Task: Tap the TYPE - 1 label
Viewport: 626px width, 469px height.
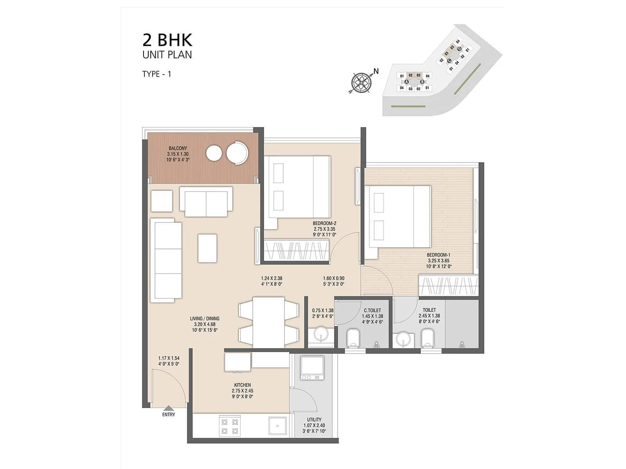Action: click(156, 74)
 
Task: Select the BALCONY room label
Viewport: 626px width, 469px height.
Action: click(178, 149)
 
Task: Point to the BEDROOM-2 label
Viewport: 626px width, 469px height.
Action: click(324, 223)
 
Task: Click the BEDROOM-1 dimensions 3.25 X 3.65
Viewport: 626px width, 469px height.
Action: click(438, 261)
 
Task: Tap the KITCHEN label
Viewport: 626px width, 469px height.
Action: click(243, 385)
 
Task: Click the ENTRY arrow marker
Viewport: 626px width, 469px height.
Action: click(169, 408)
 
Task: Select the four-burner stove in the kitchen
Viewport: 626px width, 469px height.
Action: click(230, 426)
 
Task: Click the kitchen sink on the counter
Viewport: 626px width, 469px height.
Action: click(278, 426)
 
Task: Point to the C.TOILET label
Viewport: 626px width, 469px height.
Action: click(372, 311)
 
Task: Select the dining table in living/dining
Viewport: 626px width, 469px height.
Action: click(268, 322)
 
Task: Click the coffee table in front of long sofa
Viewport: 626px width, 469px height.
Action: click(207, 248)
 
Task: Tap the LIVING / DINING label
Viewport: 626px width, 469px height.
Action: click(205, 319)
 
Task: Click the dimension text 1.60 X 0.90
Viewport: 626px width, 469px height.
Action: click(333, 279)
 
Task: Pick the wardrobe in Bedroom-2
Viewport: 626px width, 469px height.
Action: click(297, 249)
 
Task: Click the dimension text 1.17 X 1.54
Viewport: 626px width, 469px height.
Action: click(169, 358)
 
